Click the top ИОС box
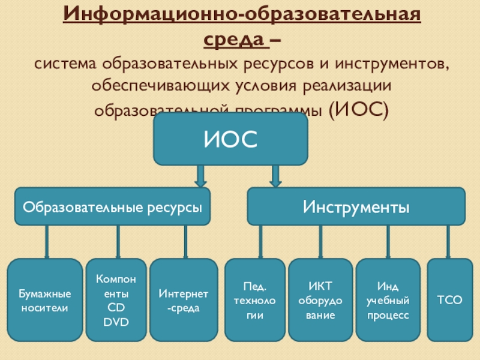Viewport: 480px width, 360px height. [230, 139]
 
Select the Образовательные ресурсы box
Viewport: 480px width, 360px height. [112, 207]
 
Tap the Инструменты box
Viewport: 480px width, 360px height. [356, 207]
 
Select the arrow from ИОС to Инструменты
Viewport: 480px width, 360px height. [275, 176]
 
